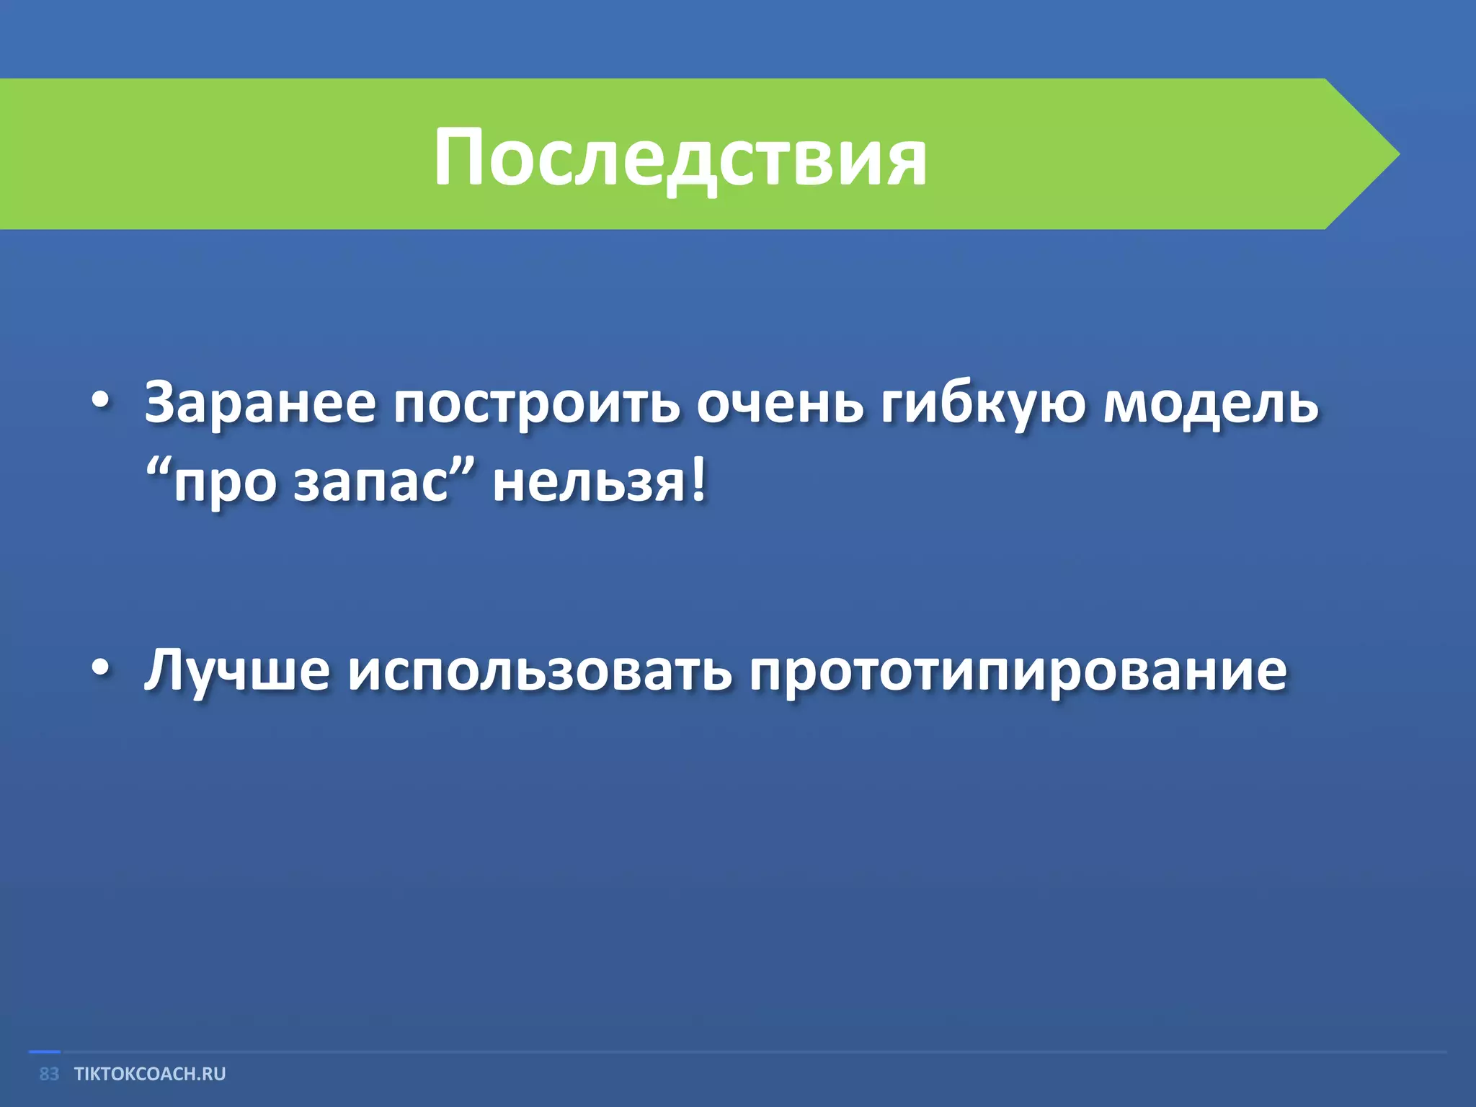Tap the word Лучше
(x=237, y=670)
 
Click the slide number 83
(x=49, y=1074)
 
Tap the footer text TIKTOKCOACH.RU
(x=150, y=1074)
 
